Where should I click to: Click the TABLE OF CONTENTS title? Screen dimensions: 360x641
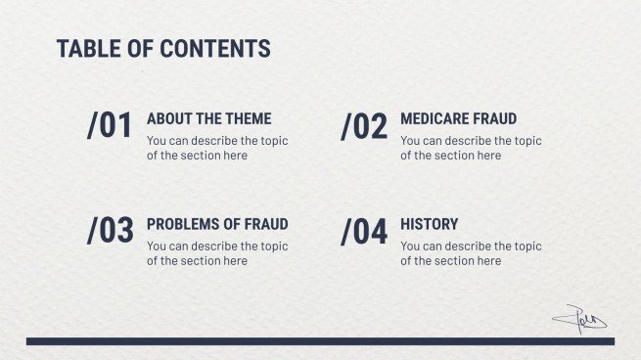(x=163, y=49)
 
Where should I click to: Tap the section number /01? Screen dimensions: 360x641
(x=110, y=126)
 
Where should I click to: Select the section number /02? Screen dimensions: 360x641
(x=364, y=126)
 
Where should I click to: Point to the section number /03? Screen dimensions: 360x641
(x=110, y=231)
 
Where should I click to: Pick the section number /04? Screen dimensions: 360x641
(x=364, y=231)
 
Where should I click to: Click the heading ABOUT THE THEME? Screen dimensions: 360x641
(x=208, y=119)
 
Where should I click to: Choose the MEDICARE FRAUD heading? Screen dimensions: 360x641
(x=458, y=119)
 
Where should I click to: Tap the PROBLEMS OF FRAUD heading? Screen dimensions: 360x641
(x=217, y=224)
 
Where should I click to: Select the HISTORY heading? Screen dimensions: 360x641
(x=429, y=224)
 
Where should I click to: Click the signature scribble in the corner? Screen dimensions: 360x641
(x=579, y=318)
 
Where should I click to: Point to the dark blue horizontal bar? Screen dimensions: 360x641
(x=320, y=341)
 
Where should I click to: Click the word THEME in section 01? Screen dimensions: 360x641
(x=249, y=119)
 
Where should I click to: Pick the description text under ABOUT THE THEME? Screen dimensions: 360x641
(x=217, y=148)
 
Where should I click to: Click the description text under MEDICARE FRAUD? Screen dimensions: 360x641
(x=471, y=148)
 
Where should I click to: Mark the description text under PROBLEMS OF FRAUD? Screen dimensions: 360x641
(x=217, y=253)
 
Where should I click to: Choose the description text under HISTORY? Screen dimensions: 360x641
(x=471, y=253)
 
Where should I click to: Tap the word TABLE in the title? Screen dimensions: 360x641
(x=83, y=49)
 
